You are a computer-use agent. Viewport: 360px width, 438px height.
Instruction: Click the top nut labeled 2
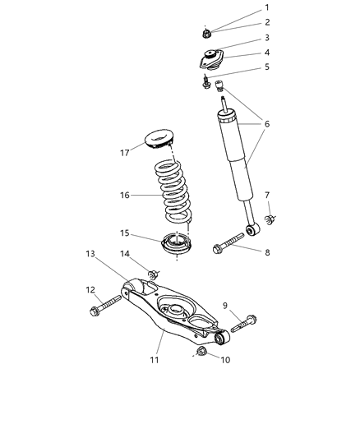(209, 34)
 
